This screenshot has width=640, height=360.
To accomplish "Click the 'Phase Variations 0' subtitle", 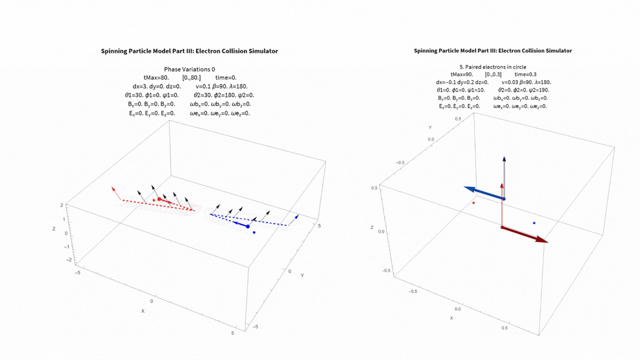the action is tap(189, 69).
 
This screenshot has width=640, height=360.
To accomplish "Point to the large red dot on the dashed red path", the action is tap(159, 199).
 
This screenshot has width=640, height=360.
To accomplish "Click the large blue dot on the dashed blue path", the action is tap(248, 226).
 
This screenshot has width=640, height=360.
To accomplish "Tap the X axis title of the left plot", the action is tap(143, 311).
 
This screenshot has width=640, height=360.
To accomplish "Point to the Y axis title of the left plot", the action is tap(302, 276).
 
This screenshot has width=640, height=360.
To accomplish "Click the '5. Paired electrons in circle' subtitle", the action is tap(493, 67).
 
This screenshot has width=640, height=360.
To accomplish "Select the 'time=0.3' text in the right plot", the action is tap(525, 74).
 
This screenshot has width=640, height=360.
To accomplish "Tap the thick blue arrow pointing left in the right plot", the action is tap(483, 193).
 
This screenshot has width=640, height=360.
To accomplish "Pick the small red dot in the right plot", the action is tap(473, 203).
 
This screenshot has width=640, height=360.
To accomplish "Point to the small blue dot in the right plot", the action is tap(534, 223).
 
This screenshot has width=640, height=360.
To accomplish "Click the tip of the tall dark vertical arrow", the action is tap(504, 158).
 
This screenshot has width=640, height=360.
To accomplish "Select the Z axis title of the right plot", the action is tap(372, 228).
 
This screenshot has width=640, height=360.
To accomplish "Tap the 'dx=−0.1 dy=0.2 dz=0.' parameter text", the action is tap(462, 82).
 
